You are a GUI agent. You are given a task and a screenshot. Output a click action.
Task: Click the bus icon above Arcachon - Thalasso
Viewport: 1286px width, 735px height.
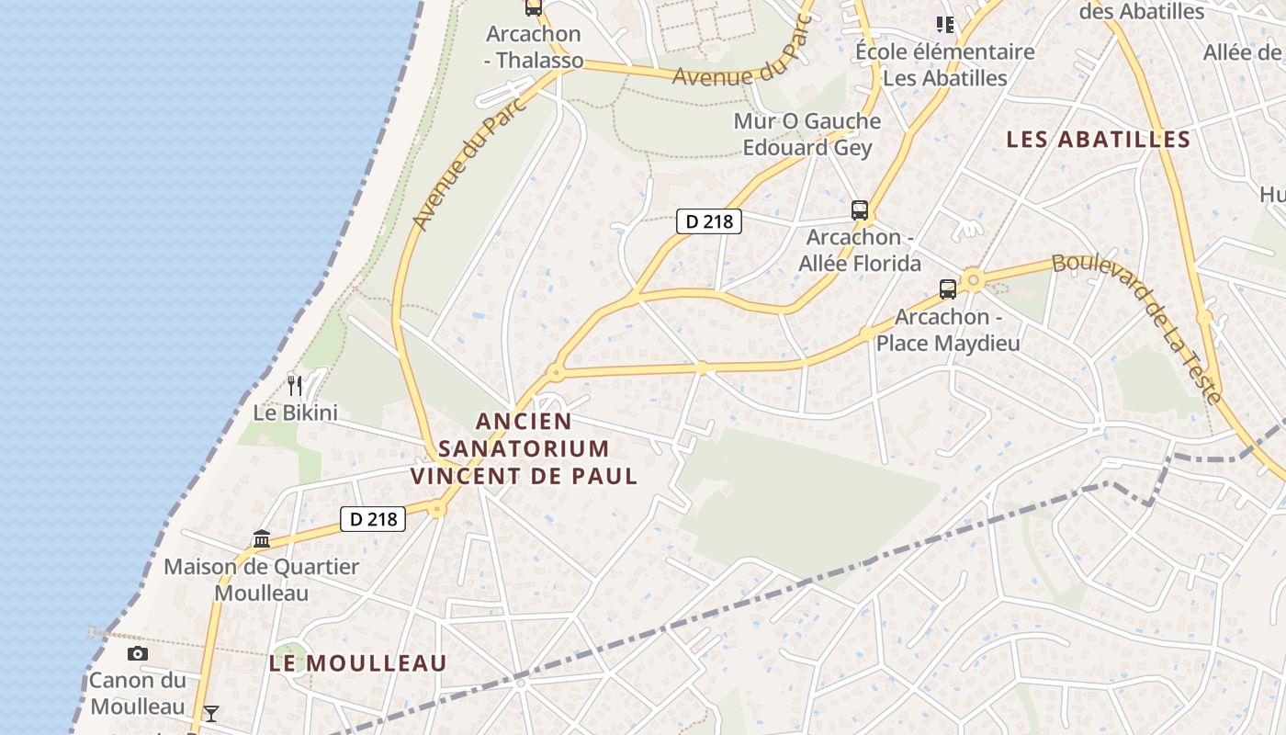click(533, 7)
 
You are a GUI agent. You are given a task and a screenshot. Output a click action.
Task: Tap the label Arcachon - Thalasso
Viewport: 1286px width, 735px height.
click(534, 48)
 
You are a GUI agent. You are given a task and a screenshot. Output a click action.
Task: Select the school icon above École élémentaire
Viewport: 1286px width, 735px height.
click(944, 24)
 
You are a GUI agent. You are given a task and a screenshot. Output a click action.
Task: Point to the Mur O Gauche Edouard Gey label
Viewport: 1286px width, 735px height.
click(807, 134)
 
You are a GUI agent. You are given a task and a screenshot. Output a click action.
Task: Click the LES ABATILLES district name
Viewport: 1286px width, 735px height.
click(1098, 140)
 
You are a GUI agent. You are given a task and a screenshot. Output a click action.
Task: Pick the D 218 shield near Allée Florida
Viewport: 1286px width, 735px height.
click(708, 221)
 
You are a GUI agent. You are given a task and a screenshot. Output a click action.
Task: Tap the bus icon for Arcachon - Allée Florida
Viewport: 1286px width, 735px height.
click(860, 210)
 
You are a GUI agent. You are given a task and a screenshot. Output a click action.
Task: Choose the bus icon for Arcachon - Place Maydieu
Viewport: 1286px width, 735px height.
click(948, 289)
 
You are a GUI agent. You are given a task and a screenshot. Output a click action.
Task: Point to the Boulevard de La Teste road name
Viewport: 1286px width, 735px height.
click(1139, 326)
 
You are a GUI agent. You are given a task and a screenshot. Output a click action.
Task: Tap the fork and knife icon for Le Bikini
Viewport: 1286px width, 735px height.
click(295, 386)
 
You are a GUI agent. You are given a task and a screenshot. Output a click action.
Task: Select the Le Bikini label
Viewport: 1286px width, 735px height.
click(295, 413)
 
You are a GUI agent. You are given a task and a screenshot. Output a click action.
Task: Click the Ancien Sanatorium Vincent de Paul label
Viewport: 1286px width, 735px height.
click(524, 449)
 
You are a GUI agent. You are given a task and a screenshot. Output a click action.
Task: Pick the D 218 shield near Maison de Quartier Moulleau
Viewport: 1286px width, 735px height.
click(373, 519)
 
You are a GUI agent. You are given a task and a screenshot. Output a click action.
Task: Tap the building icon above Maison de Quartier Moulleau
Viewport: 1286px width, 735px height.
click(262, 538)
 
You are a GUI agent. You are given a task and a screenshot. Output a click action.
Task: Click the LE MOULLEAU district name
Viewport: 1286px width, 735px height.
click(358, 662)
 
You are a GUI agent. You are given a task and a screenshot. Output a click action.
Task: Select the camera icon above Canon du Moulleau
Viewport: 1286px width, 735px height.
click(138, 654)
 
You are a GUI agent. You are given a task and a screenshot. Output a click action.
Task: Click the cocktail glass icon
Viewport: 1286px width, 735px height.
click(211, 713)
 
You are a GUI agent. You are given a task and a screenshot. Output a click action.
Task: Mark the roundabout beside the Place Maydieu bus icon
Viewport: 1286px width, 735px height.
click(973, 279)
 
